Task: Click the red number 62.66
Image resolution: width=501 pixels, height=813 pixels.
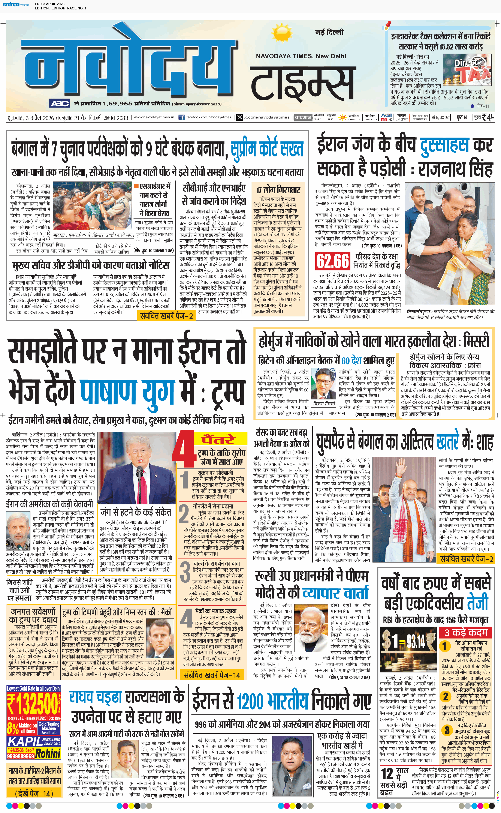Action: [333, 261]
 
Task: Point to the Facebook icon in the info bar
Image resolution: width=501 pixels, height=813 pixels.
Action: [182, 117]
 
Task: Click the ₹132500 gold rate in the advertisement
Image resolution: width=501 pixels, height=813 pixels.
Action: [34, 704]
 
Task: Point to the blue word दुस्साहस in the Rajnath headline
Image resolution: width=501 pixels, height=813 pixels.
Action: [444, 145]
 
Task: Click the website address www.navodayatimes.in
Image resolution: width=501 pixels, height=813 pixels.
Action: [154, 117]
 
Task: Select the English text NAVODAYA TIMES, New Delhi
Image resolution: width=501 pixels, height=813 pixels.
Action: [301, 56]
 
